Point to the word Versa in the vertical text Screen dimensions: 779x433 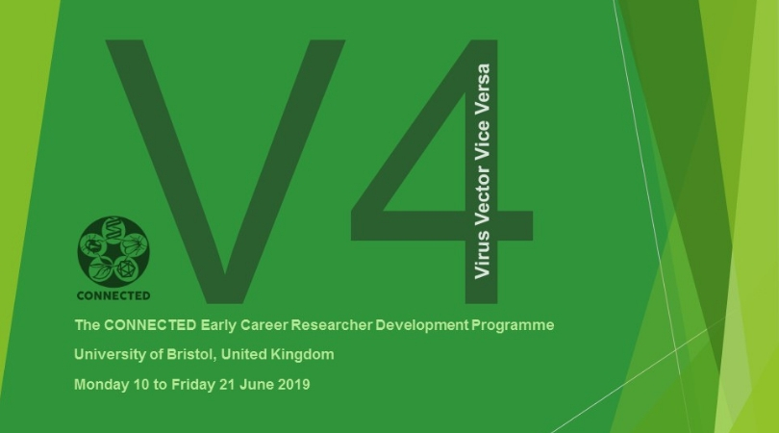click(x=482, y=86)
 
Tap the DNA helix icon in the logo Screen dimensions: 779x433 click(x=113, y=230)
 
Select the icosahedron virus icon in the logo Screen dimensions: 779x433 click(x=126, y=269)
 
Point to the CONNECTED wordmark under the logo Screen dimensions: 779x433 click(x=113, y=295)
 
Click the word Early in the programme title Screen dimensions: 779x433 click(x=218, y=325)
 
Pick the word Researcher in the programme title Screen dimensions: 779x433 click(x=332, y=325)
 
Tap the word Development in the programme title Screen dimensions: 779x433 click(x=422, y=325)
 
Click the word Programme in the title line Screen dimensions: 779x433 click(x=513, y=325)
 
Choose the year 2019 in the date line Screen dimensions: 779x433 click(x=293, y=384)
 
